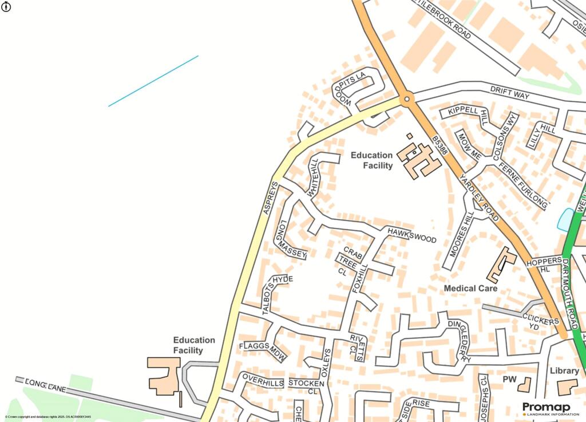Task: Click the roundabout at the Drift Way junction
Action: pos(406,100)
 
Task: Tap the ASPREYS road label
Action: pos(270,198)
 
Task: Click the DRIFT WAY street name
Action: pos(510,93)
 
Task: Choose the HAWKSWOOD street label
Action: pos(411,235)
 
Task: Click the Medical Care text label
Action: pos(470,289)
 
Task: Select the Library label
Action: pos(564,371)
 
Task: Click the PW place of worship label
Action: pos(509,380)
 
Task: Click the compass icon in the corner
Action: pos(6,7)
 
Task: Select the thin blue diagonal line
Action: pos(153,81)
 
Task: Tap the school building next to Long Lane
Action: pos(164,376)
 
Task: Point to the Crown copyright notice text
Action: pos(49,417)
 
